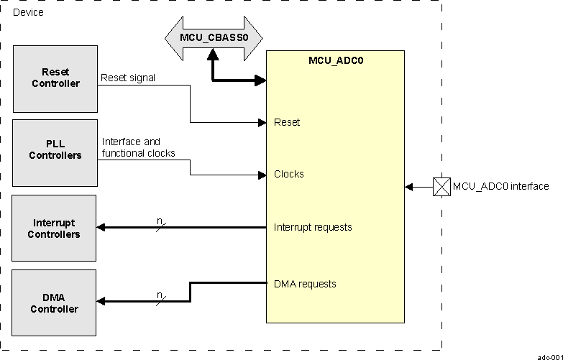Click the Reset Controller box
(x=55, y=78)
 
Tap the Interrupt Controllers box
(x=55, y=229)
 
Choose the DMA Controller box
(x=55, y=303)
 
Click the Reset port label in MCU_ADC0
(x=287, y=122)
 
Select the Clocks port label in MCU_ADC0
(x=289, y=174)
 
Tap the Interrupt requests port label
(x=313, y=227)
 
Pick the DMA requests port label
(x=305, y=284)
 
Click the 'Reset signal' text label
(x=128, y=78)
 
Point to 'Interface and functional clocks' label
(x=138, y=147)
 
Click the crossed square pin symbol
(x=441, y=187)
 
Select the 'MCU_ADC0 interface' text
(x=500, y=187)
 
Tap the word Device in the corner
(x=28, y=12)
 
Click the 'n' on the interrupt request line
(x=160, y=219)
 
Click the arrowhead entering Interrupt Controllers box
(x=101, y=228)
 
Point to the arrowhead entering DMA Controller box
(x=101, y=303)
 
